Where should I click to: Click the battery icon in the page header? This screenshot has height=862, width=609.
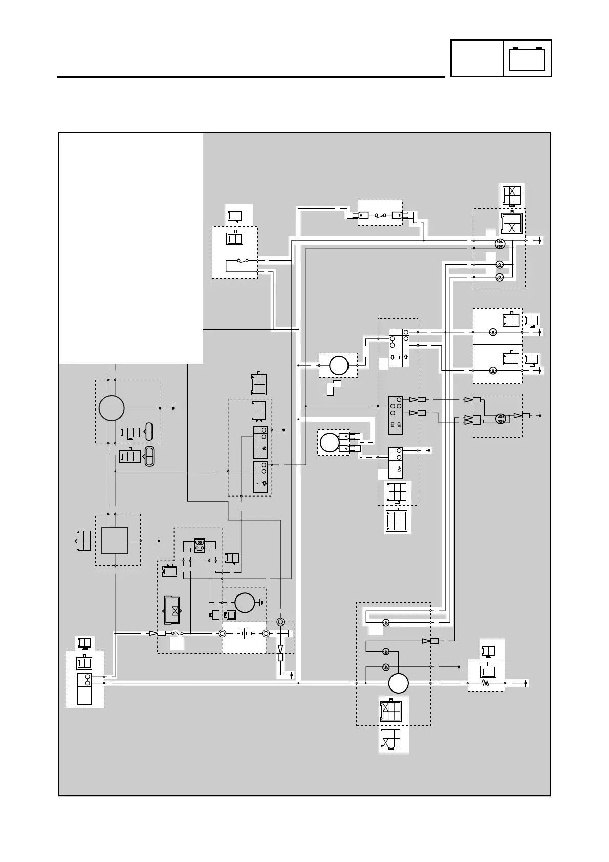point(527,58)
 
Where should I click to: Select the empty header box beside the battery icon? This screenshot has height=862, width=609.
point(476,58)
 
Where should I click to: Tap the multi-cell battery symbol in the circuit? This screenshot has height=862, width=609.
point(244,633)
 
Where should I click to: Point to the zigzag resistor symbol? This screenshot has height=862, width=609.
point(485,683)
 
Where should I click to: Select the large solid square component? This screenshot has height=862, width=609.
point(115,541)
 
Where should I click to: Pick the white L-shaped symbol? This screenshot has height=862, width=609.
point(334,387)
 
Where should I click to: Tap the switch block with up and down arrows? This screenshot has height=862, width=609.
point(399,348)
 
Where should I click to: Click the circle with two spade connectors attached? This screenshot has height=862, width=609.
point(329,443)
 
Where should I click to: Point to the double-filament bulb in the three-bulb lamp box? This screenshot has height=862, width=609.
point(501,244)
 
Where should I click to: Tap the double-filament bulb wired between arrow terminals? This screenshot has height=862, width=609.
point(500,418)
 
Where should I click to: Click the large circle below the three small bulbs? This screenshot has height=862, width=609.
point(398,683)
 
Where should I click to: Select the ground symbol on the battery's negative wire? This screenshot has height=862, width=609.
point(289,633)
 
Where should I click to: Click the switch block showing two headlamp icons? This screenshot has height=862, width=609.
point(395,415)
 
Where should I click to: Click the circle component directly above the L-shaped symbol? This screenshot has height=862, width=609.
point(338,365)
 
